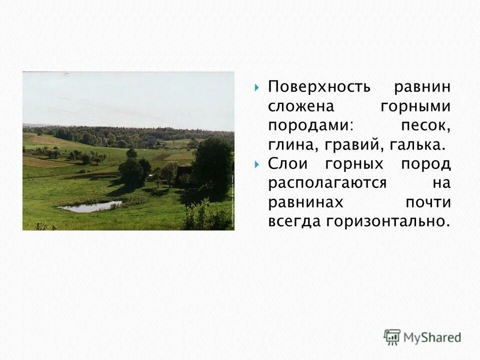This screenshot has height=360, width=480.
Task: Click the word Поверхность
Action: click(319, 87)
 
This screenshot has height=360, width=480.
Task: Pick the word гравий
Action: click(348, 145)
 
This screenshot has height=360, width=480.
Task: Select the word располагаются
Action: click(327, 183)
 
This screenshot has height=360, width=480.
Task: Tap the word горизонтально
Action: click(385, 221)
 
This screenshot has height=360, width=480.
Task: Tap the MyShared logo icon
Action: click(392, 336)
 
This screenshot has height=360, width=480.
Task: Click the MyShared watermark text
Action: click(432, 337)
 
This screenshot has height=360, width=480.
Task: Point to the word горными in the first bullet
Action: click(415, 106)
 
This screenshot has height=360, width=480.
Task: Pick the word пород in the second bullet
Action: click(426, 164)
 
